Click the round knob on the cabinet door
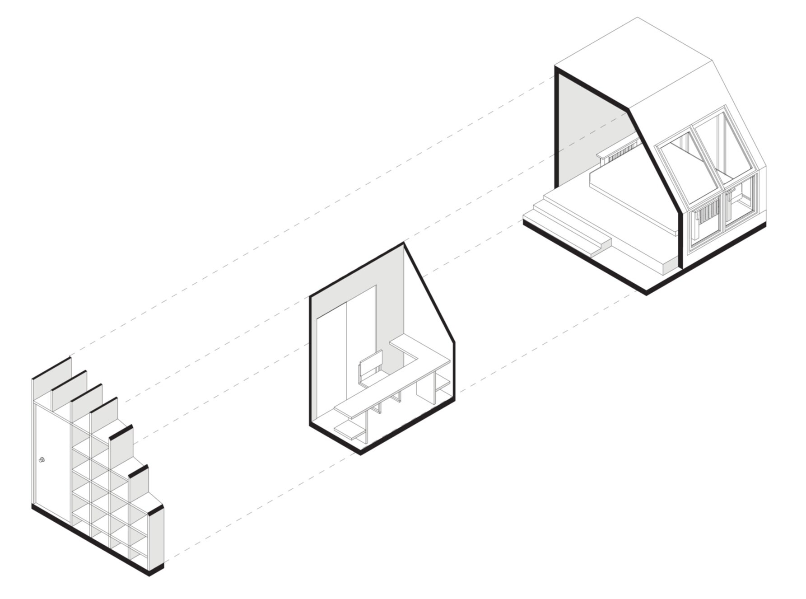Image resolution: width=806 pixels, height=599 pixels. [x=42, y=460]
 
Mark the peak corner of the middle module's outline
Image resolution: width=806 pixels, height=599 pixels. [x=403, y=243]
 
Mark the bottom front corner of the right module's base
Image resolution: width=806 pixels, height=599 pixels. [x=647, y=294]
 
